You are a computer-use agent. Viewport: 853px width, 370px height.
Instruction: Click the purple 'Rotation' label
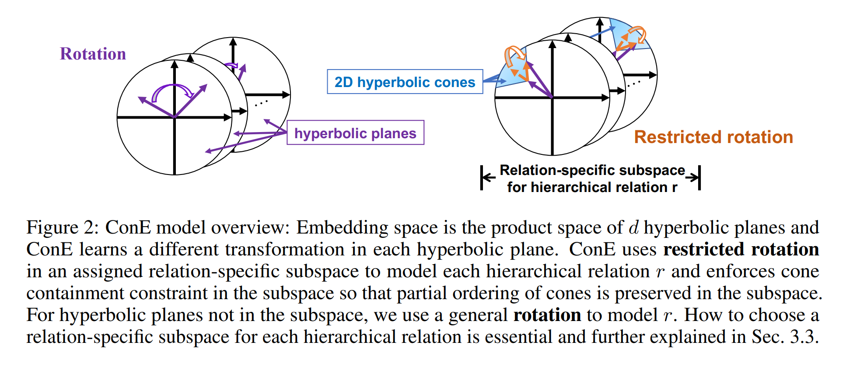93,54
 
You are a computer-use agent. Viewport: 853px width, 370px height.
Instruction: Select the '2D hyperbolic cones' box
405,82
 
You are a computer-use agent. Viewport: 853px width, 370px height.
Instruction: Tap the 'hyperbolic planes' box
355,133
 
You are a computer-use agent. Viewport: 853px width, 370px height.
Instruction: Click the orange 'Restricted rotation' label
713,137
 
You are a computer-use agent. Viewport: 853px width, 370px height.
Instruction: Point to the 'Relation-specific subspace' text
592,170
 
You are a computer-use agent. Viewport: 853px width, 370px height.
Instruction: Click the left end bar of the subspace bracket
482,178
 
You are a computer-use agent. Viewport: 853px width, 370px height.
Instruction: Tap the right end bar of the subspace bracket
699,178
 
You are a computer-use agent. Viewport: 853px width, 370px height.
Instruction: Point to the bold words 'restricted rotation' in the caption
741,250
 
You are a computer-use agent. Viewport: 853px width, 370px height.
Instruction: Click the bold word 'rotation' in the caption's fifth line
547,315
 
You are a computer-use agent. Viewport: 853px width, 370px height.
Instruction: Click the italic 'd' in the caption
633,228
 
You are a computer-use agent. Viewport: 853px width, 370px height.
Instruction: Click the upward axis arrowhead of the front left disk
175,64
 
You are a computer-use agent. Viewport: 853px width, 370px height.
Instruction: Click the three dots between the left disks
261,103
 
